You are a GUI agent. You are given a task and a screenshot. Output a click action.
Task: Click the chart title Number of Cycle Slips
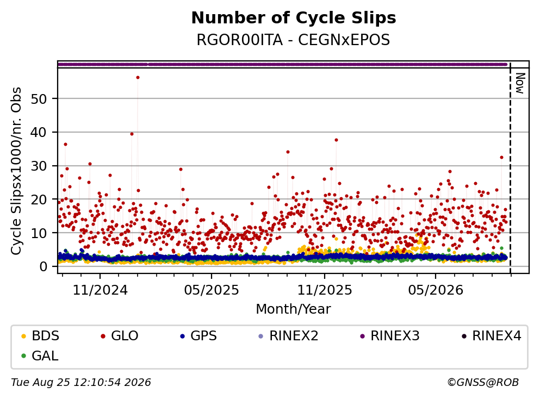[294, 18]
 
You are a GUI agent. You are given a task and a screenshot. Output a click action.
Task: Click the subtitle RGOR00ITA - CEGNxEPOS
[293, 40]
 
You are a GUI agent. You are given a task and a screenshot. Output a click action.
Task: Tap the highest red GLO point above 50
[138, 77]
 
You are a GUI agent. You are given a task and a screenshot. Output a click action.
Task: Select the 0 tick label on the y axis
[43, 266]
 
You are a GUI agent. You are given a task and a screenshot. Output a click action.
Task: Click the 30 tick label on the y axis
[39, 166]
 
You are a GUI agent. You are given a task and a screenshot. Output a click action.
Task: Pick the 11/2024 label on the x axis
[100, 290]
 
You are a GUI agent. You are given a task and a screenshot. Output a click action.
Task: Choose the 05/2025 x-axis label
[212, 290]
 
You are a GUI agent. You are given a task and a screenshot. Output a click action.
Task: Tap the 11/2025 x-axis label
[325, 290]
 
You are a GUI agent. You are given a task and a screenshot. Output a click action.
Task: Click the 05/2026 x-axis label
[436, 290]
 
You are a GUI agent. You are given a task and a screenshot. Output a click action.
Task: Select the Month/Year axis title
[293, 309]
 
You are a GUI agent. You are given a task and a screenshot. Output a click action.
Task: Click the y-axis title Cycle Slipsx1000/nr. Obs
[16, 171]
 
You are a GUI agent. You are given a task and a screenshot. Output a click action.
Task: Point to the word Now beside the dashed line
[520, 83]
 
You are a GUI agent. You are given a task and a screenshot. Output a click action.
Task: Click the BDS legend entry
[40, 335]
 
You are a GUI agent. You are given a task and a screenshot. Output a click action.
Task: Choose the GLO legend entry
[119, 335]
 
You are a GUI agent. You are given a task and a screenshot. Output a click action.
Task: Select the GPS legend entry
[198, 335]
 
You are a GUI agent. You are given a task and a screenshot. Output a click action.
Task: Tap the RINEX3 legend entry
[389, 335]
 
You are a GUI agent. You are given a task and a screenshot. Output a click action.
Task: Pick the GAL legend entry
[40, 356]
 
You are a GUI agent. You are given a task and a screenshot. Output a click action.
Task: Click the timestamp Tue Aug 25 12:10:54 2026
[81, 383]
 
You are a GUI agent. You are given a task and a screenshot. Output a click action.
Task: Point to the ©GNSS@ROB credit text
[483, 383]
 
